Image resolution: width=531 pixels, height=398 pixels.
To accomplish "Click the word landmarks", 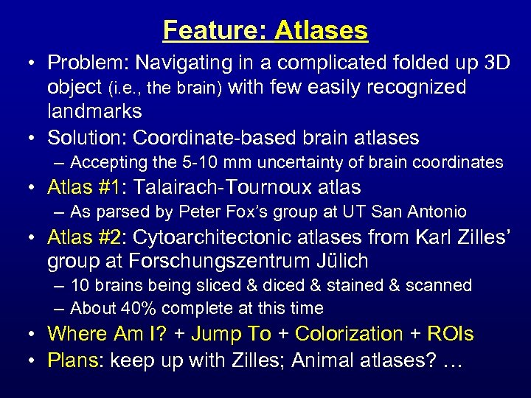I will [94, 111].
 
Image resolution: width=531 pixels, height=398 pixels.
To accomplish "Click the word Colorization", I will [349, 334].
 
